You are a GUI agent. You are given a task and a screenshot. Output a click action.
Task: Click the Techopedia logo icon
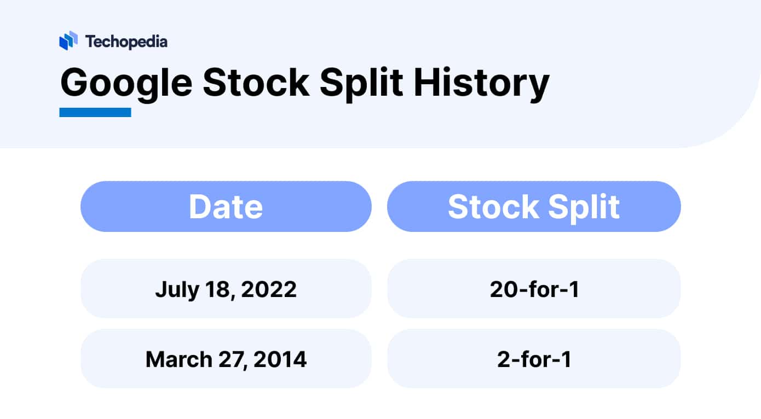68,41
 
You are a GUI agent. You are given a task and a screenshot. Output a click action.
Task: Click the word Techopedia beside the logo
126,41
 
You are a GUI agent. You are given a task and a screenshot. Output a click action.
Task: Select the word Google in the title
126,84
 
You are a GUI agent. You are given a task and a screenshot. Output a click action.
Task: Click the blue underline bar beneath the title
95,112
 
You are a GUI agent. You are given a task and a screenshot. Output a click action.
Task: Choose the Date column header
226,206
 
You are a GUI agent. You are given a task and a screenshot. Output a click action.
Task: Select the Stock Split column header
534,206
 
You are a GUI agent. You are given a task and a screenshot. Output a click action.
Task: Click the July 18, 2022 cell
226,289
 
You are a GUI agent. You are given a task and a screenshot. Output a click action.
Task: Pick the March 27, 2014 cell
226,359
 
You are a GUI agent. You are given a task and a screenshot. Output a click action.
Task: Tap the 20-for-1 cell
534,289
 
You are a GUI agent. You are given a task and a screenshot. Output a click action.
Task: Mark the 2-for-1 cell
534,359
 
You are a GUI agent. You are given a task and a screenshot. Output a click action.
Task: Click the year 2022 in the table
269,289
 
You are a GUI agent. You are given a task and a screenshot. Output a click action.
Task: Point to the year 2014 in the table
279,359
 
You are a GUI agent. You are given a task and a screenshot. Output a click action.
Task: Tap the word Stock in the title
256,84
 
